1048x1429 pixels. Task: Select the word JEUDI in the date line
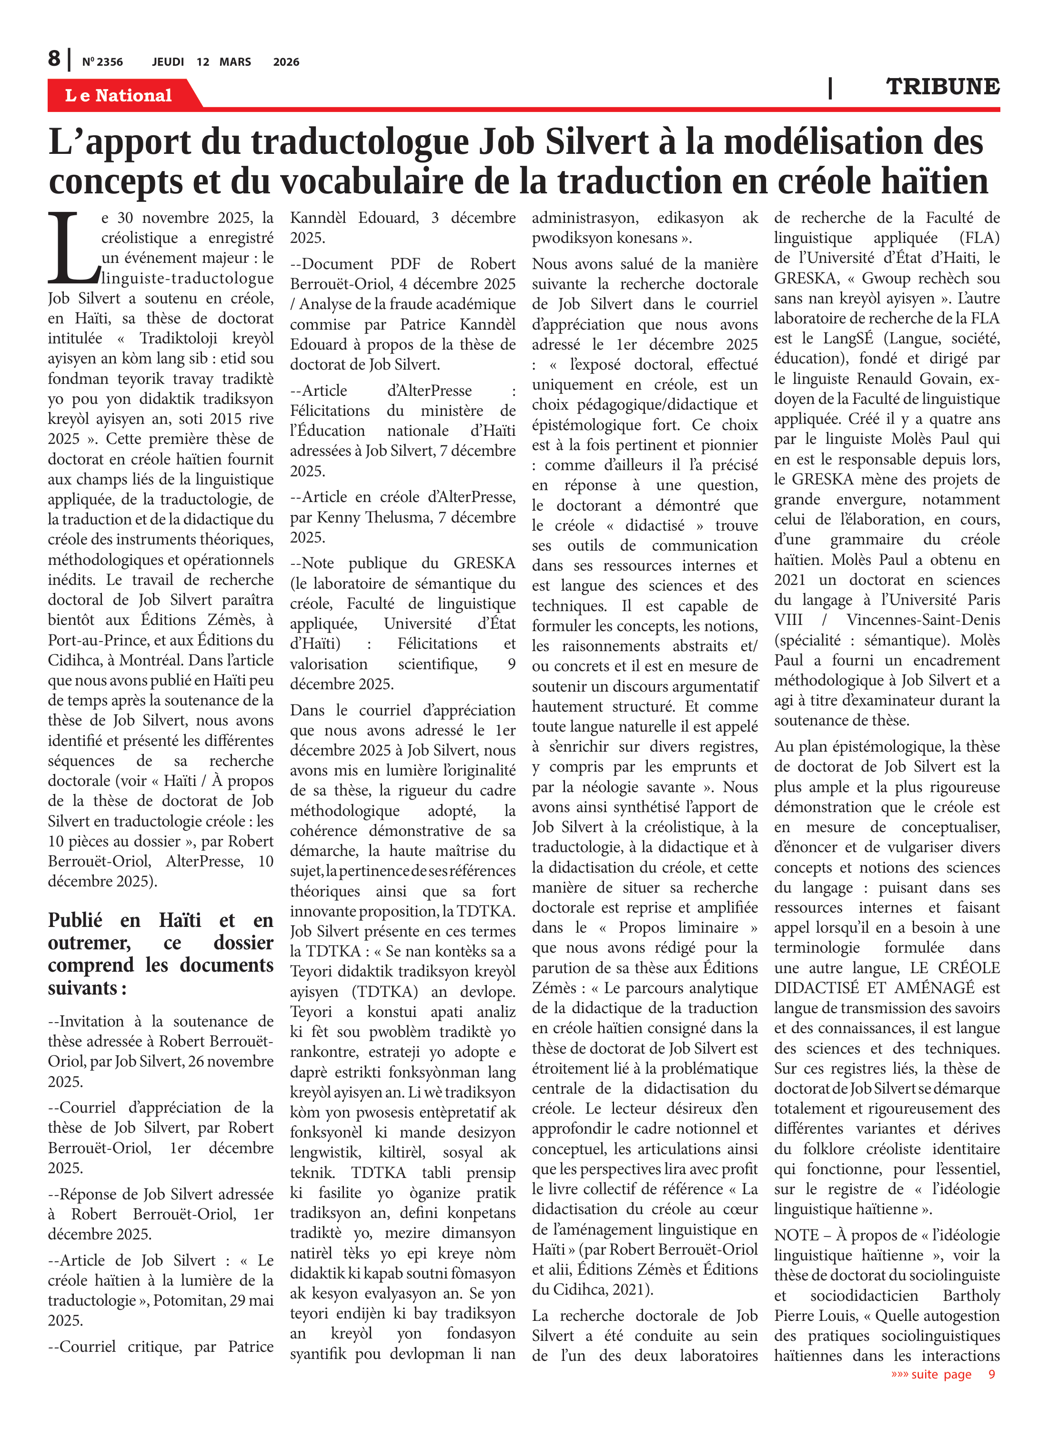(168, 62)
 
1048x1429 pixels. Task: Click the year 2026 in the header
(286, 62)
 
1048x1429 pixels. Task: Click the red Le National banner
(119, 95)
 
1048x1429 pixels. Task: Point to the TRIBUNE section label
(942, 86)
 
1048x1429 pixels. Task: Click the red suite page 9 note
(942, 1374)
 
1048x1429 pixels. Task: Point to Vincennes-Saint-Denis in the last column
(923, 620)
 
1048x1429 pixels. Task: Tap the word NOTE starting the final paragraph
(796, 1235)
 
